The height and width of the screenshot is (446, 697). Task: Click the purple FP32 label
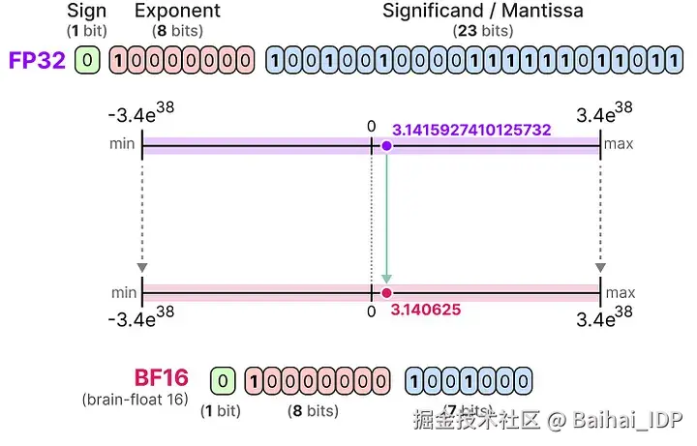pos(38,60)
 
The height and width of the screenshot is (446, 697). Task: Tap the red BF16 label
pos(161,377)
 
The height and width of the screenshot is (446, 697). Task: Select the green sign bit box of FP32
pos(88,61)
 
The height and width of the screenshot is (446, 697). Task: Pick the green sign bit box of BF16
pos(223,380)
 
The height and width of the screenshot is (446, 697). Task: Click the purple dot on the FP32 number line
pos(386,146)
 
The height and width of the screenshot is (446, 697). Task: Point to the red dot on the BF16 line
pos(386,291)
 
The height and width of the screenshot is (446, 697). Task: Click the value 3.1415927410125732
pos(471,129)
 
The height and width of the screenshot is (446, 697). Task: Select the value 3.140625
pos(427,310)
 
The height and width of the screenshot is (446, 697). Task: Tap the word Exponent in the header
pos(177,12)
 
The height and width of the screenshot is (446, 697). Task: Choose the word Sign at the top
pos(87,12)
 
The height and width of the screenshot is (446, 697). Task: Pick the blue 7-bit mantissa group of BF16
pos(468,380)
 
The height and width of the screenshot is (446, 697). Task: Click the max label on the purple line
pos(620,145)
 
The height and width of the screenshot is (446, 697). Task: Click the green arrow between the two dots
pos(386,219)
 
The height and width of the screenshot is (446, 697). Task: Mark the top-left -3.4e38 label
pos(145,114)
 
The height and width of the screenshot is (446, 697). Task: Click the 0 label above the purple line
pos(371,126)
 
